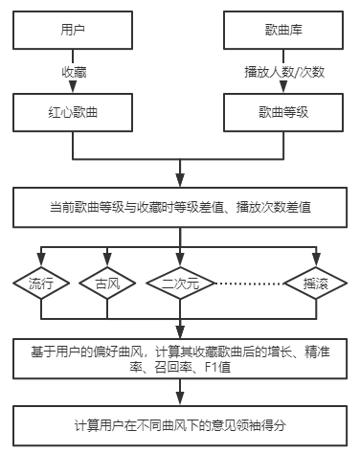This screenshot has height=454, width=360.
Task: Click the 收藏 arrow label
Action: click(x=73, y=72)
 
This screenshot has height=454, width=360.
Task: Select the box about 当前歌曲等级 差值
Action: click(x=179, y=206)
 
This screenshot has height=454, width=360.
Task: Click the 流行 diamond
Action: click(x=40, y=284)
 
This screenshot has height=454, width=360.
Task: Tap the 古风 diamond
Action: click(x=107, y=284)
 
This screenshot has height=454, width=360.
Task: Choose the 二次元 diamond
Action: click(x=180, y=284)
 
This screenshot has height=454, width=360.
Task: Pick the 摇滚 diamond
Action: click(x=317, y=284)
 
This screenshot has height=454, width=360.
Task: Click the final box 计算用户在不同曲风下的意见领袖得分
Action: click(x=179, y=423)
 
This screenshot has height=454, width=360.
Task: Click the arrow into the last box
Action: click(x=179, y=393)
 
